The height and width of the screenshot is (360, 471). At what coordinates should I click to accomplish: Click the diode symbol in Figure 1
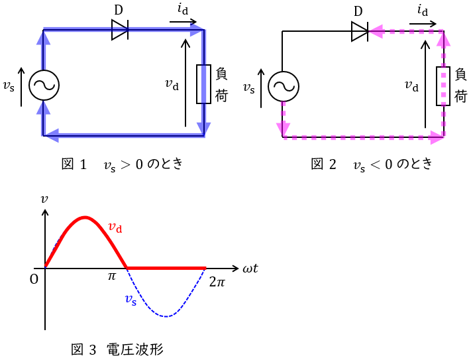120,29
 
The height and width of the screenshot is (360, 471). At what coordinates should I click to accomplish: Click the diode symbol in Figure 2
360,31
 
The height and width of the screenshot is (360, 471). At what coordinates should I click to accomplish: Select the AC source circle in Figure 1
44,85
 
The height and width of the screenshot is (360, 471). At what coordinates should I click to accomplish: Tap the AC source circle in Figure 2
284,87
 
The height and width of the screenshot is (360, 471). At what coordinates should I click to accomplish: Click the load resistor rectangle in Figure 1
203,84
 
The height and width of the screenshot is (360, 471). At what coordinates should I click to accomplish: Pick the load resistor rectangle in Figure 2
443,86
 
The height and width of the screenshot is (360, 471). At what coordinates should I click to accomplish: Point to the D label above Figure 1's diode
119,10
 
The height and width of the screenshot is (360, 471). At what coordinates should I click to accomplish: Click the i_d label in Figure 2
423,11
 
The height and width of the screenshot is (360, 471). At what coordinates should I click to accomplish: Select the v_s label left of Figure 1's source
9,86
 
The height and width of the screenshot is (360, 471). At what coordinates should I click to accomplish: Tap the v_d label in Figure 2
411,86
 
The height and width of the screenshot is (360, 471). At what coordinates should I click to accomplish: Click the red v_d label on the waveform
115,227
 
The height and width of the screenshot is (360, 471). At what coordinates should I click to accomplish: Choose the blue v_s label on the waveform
131,300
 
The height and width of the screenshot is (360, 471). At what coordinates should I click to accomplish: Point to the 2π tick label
217,282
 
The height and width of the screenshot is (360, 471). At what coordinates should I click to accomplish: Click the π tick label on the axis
112,276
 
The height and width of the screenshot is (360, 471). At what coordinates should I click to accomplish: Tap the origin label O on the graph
34,280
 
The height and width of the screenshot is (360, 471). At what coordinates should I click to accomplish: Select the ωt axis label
250,268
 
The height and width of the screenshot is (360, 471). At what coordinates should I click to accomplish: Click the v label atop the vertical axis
44,200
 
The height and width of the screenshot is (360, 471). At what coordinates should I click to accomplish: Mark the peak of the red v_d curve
85,217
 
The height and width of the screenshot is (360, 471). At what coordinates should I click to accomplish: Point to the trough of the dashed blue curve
166,316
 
